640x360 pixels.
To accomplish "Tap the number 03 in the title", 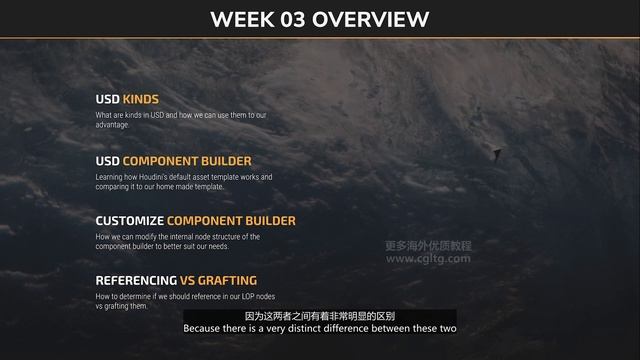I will pyautogui.click(x=300, y=19).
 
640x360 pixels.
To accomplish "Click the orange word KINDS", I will pyautogui.click(x=141, y=100).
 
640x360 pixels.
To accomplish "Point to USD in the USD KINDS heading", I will pyautogui.click(x=107, y=100).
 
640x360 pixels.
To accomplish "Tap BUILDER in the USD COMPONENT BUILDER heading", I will pyautogui.click(x=230, y=161).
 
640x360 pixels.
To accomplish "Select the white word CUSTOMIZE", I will pyautogui.click(x=129, y=221).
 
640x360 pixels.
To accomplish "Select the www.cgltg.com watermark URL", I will pyautogui.click(x=428, y=258).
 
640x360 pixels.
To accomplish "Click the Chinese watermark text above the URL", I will pyautogui.click(x=428, y=245).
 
